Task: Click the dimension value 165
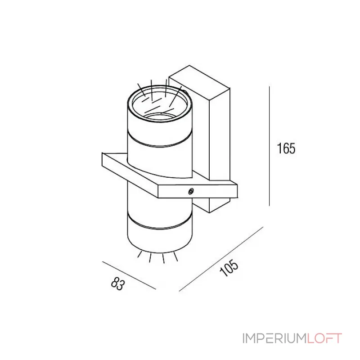(x=286, y=148)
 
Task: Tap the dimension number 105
(x=229, y=268)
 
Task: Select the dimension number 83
(x=118, y=283)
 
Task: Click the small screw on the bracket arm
(x=191, y=191)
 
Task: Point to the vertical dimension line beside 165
(x=269, y=146)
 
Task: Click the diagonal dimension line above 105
(x=221, y=259)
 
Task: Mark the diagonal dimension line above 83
(x=129, y=275)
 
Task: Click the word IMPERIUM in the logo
(x=275, y=338)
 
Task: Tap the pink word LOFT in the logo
(x=324, y=338)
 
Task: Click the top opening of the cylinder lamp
(x=160, y=105)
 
